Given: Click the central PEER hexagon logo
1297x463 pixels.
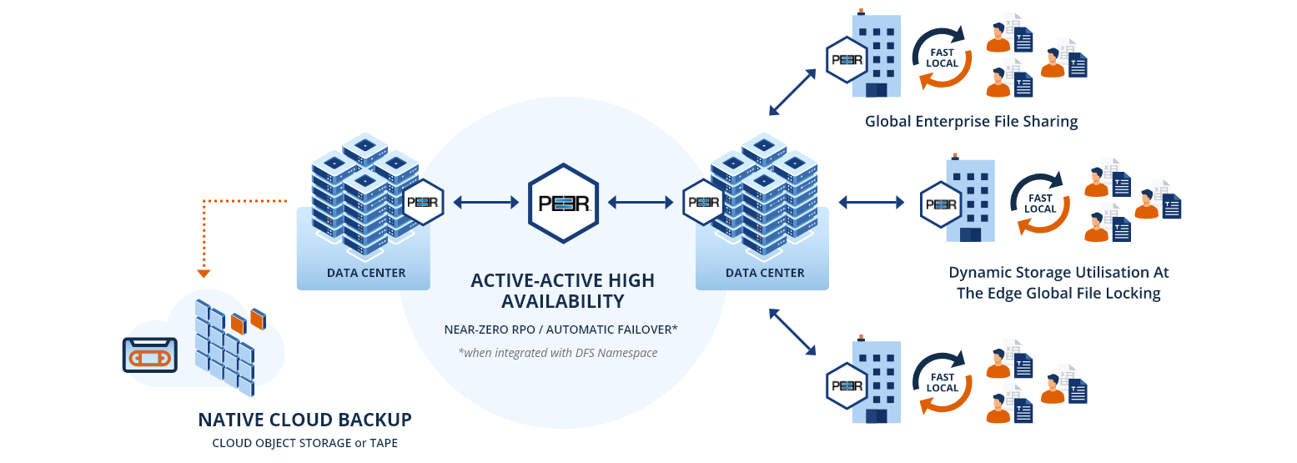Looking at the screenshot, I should [564, 202].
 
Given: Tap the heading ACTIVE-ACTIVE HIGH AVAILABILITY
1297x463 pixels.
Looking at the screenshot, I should [563, 290].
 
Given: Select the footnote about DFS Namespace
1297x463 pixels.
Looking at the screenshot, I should [557, 353].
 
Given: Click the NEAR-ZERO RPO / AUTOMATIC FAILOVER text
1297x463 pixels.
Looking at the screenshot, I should [561, 330].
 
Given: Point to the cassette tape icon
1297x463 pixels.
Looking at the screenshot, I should [150, 355].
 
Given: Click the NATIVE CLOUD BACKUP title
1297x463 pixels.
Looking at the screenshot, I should [304, 420].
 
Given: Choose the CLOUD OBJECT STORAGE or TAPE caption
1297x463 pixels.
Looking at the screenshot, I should [304, 442].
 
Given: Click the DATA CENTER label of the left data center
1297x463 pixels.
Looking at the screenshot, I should [366, 273].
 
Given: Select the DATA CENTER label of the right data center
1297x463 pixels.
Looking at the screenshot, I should [765, 273].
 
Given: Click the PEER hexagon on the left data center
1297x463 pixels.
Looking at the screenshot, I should [423, 202].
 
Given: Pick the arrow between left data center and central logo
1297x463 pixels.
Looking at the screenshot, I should [486, 202].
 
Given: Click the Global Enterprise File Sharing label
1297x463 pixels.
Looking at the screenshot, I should [971, 122].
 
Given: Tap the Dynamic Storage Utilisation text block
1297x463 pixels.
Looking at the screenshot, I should [1058, 283].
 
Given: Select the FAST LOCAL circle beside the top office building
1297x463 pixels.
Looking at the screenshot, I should [942, 58].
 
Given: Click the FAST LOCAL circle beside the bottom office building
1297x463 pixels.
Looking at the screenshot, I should [942, 383].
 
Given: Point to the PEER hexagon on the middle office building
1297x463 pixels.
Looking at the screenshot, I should [941, 204].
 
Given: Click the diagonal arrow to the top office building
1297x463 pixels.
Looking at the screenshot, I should [792, 92].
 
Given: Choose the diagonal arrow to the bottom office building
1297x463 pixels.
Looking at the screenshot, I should [792, 333].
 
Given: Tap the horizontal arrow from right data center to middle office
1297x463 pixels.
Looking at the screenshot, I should [871, 202].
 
